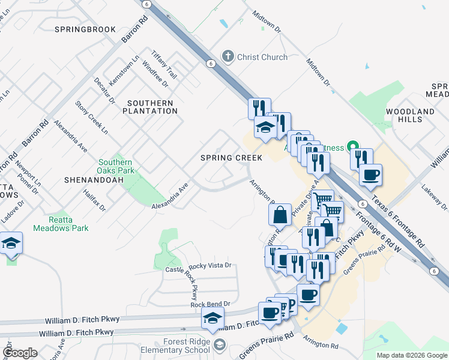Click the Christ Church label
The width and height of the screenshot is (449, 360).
[x=262, y=57]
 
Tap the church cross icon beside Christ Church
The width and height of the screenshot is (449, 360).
[x=228, y=57]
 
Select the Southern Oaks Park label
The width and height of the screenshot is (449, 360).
[x=115, y=166]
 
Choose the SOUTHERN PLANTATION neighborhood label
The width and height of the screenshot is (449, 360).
[x=152, y=107]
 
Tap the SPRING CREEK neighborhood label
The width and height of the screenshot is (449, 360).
[x=231, y=158]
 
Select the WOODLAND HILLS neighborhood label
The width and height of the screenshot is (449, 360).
[x=411, y=116]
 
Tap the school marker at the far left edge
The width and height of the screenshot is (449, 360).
[x=11, y=244]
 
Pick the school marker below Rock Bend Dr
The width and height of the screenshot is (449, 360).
[x=212, y=319]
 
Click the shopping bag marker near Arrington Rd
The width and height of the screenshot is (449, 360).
[x=280, y=214]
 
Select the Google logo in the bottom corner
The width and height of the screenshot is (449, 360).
[x=20, y=353]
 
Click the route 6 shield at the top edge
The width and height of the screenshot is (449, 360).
[x=146, y=4]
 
